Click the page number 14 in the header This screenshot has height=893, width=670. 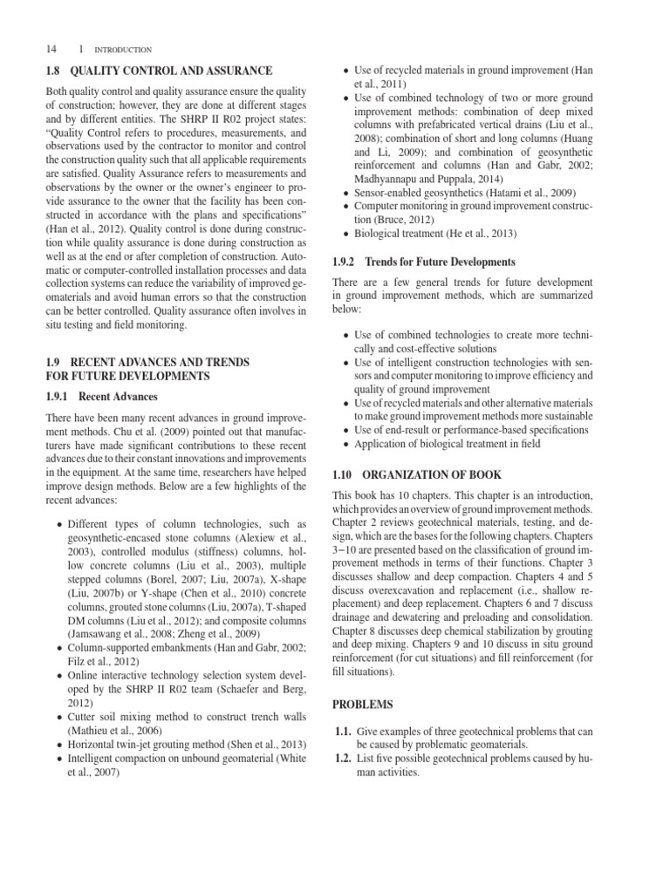[49, 50]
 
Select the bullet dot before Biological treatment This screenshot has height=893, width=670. [346, 234]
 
